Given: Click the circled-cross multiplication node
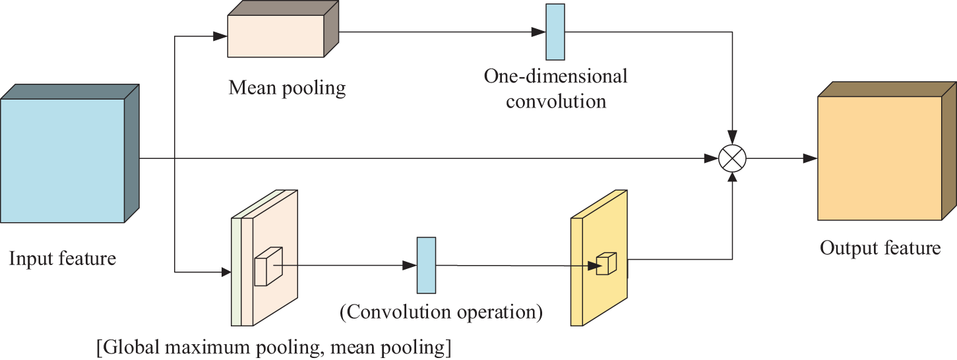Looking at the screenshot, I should [x=732, y=158].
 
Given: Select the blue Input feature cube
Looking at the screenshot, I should [x=63, y=160].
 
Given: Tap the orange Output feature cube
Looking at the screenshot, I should [x=879, y=158].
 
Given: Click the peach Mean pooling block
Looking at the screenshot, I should [x=276, y=35].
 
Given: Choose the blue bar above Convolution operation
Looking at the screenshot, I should [x=426, y=265].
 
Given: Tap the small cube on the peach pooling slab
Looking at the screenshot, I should [x=267, y=267].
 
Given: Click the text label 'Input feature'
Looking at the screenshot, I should [x=62, y=258].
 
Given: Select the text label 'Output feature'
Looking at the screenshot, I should [x=880, y=248].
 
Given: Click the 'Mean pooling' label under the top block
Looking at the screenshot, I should [x=287, y=88].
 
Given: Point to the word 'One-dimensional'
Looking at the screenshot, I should [x=555, y=76].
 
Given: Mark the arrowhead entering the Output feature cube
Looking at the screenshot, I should [x=811, y=158].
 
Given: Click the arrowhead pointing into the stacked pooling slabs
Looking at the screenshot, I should [x=224, y=271].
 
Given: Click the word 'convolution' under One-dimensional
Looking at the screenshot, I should [x=555, y=102].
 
